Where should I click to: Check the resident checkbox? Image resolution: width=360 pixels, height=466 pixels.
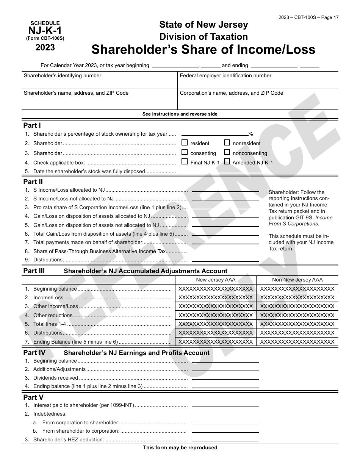tap(185, 143)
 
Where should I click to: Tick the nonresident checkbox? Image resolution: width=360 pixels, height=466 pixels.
tap(227, 143)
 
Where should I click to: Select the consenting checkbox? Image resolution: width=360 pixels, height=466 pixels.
tap(185, 152)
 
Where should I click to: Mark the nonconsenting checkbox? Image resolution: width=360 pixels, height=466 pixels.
tap(227, 152)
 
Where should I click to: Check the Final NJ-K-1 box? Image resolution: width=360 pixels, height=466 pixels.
tap(185, 162)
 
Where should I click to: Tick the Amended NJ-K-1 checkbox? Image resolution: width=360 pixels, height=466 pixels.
tap(227, 162)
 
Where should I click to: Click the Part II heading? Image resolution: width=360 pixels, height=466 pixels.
tap(33, 182)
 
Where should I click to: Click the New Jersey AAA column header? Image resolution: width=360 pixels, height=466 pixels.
tap(215, 280)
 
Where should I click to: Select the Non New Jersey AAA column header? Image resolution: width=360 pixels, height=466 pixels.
tap(297, 280)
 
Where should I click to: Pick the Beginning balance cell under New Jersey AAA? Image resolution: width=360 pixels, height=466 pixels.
tap(215, 289)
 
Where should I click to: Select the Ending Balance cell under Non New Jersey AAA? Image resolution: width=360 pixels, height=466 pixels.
tap(297, 342)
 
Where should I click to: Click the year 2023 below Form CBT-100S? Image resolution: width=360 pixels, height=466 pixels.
tap(45, 48)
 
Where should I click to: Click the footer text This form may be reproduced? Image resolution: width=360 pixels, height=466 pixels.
tap(180, 448)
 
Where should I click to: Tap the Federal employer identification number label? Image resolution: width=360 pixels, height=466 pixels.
tap(225, 76)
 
